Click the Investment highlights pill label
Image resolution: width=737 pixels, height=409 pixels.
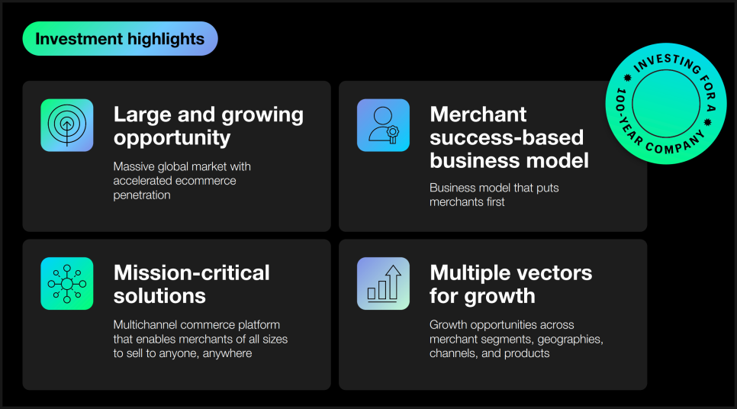(x=120, y=39)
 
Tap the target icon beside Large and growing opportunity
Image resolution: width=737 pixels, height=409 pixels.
(x=66, y=125)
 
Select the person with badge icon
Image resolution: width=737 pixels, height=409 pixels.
(x=383, y=125)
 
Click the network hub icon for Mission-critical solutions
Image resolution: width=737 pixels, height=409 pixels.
(x=66, y=284)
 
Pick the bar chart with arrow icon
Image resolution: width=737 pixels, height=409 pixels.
(x=383, y=284)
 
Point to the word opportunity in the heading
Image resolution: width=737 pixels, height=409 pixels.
(x=172, y=138)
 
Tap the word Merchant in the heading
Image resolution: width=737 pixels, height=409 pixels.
(x=478, y=114)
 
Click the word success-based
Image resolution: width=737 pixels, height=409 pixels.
(x=507, y=137)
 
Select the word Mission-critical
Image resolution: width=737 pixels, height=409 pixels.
(x=191, y=272)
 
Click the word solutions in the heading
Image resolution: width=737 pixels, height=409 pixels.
(x=159, y=296)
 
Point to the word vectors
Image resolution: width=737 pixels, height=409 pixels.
(x=556, y=274)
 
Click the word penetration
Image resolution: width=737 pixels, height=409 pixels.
(x=142, y=195)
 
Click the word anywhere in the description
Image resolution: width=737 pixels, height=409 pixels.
(x=227, y=353)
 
